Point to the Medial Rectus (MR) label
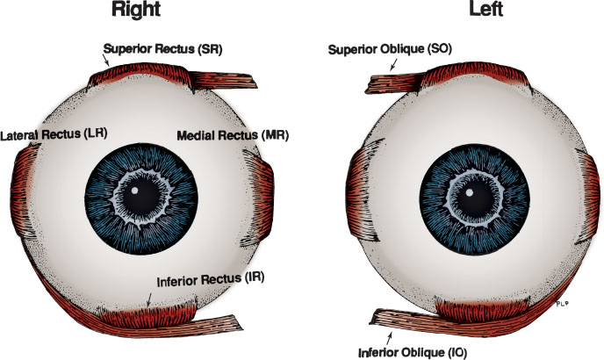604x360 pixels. [233, 136]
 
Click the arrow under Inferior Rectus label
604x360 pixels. [150, 299]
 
